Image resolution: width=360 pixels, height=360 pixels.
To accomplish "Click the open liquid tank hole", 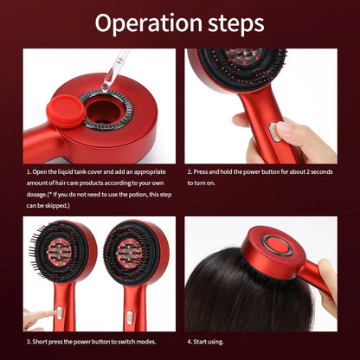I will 104,112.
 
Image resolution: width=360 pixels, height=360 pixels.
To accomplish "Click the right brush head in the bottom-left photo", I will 134,253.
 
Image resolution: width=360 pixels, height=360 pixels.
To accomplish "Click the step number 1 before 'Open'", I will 29,171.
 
